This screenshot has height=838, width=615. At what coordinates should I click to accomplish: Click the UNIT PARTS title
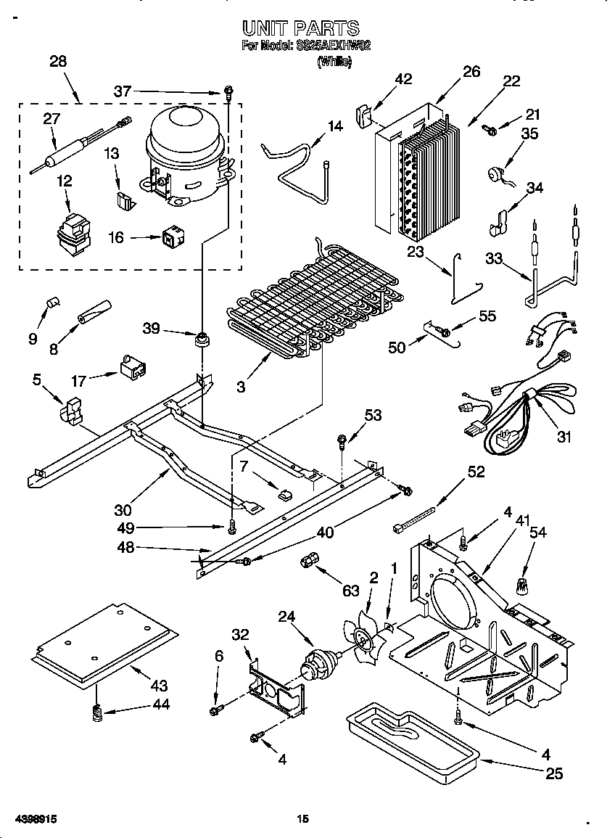pos(300,28)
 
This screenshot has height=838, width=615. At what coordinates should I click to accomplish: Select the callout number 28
pos(57,62)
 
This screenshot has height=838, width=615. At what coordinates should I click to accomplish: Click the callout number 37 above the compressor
pos(123,91)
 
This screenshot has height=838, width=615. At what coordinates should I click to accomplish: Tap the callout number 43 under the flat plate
pos(159,685)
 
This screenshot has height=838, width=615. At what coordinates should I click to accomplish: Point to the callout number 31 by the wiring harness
pos(564,437)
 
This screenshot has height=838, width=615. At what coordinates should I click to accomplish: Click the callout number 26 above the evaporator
pos(471,71)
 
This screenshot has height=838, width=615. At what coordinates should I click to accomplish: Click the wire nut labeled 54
pos(520,584)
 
